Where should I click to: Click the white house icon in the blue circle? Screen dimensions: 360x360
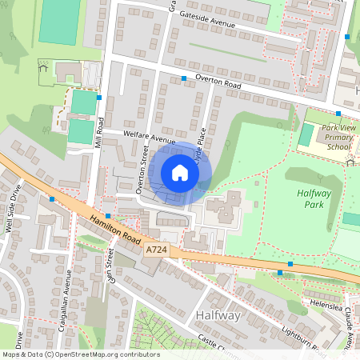180,173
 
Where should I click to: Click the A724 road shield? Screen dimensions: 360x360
157,250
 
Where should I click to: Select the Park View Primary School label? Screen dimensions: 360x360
337,137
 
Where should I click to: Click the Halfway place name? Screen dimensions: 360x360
218,317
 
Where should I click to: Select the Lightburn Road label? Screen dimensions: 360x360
301,341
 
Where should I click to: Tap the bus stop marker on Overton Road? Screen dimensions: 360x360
184,78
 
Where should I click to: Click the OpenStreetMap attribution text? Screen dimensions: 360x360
80,354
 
